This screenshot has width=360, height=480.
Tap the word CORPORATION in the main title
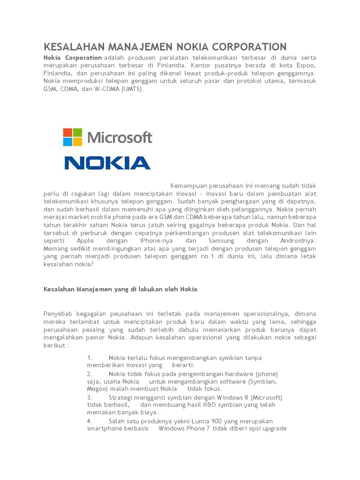(x=249, y=46)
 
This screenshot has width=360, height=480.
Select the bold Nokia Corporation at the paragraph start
(x=73, y=57)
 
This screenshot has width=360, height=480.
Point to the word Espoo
(x=306, y=65)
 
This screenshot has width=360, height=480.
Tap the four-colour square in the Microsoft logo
(x=73, y=137)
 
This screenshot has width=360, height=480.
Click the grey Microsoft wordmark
(x=120, y=138)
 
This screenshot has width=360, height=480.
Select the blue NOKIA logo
(x=107, y=163)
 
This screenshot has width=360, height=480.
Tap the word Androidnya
(x=298, y=240)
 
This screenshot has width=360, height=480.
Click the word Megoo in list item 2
(x=97, y=389)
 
